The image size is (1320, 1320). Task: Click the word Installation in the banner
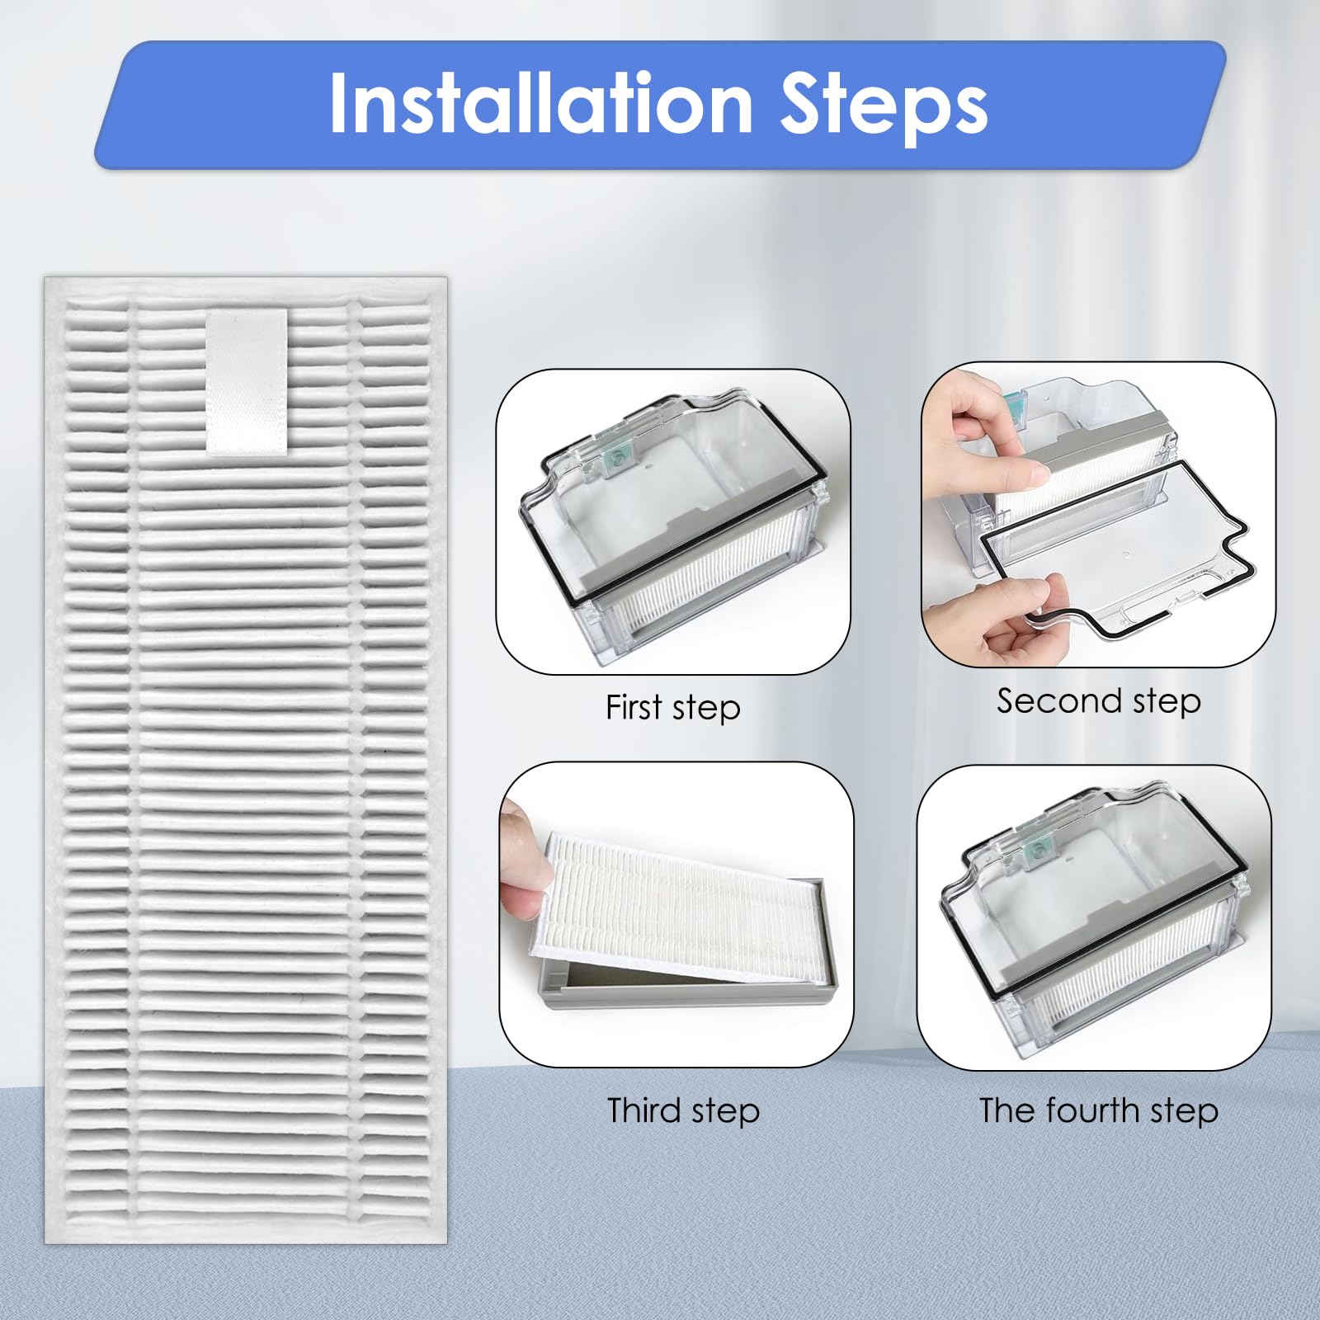tap(540, 103)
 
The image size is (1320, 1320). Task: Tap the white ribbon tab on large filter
tap(246, 381)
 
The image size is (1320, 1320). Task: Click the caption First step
tap(672, 708)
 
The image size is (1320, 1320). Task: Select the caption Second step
tap(1098, 701)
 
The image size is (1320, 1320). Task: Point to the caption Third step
tap(683, 1110)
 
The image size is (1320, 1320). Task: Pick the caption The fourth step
tap(1098, 1110)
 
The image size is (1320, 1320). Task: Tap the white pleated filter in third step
tap(676, 907)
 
